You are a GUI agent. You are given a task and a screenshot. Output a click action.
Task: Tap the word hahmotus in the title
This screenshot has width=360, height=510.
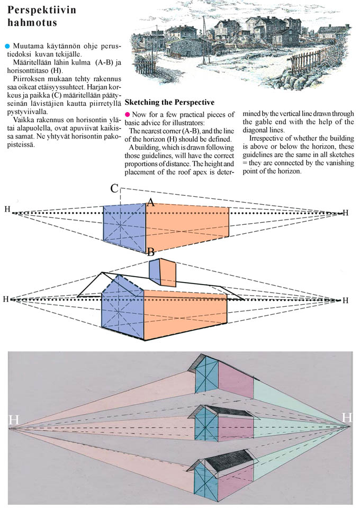(x=32, y=23)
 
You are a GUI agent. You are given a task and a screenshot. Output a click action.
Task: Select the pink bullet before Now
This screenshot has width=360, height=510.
(x=127, y=114)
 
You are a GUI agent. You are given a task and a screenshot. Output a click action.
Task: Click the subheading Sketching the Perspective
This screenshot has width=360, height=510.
(x=169, y=102)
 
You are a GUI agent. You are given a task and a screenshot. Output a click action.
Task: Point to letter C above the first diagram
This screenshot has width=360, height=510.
(x=115, y=189)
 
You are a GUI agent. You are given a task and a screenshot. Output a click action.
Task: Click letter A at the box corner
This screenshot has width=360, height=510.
(x=150, y=202)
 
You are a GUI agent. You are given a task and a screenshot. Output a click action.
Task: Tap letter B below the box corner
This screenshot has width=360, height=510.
(x=151, y=252)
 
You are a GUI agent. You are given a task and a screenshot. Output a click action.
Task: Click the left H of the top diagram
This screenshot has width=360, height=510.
(x=7, y=210)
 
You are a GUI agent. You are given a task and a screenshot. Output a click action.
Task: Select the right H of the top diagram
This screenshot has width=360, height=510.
(x=346, y=213)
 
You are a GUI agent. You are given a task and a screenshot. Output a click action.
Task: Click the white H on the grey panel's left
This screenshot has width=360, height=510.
(x=14, y=420)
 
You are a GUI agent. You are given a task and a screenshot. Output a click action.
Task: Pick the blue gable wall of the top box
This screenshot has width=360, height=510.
(x=124, y=225)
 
